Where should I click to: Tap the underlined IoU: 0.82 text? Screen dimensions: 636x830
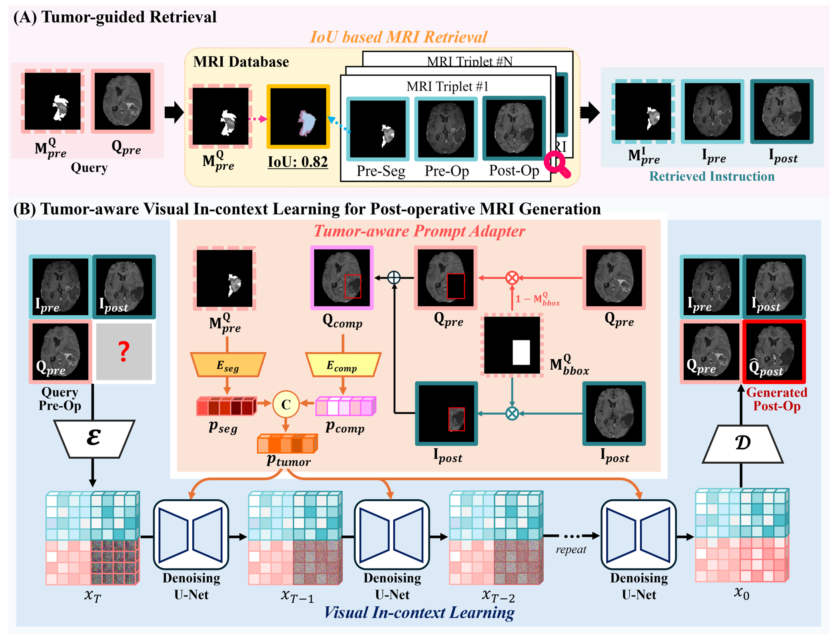tap(297, 162)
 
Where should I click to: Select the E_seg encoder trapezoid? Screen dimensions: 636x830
tap(228, 364)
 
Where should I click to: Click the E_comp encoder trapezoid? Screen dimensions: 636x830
tap(343, 364)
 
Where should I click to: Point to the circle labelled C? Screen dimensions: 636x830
tap(286, 404)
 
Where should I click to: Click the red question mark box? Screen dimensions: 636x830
tap(124, 352)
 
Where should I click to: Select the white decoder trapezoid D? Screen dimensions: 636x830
tap(742, 444)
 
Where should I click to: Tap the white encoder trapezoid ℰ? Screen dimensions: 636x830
tap(94, 438)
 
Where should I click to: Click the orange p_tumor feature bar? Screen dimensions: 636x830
tap(287, 444)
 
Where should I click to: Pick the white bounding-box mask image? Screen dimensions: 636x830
tap(512, 346)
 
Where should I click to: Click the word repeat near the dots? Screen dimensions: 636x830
tap(571, 550)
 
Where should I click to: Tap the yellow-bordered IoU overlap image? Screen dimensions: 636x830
tap(298, 116)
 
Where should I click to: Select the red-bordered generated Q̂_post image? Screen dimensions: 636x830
tap(774, 352)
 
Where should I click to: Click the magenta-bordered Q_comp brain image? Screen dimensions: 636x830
tap(342, 278)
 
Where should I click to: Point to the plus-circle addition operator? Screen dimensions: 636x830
tap(394, 278)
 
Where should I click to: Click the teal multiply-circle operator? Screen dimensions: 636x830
tap(512, 413)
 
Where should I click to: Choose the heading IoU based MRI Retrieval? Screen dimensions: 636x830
tap(398, 37)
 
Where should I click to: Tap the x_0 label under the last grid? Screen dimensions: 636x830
tap(741, 593)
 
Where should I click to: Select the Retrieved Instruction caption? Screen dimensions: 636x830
tap(712, 176)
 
